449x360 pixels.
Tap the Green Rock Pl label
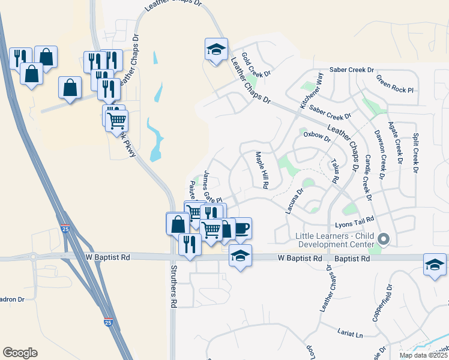pos(396,83)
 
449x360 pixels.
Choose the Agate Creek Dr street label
pos(397,146)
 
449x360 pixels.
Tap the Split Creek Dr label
pos(415,149)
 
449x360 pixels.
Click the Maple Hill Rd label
pos(261,170)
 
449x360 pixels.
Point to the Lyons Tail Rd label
pos(355,223)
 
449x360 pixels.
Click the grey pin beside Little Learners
pos(384,239)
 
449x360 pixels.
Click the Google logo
pos(20,353)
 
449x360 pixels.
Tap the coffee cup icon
pos(241,228)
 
